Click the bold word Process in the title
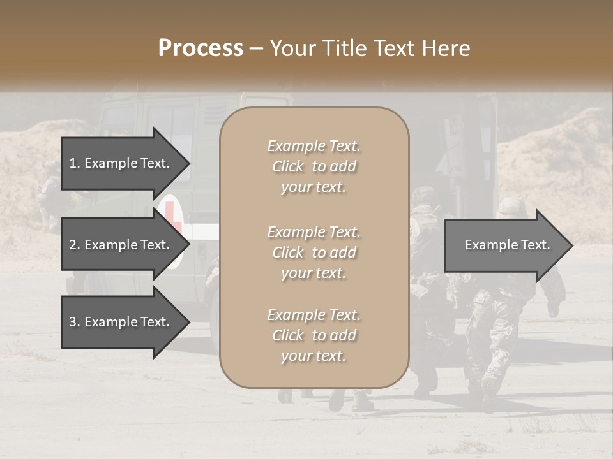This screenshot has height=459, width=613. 201,48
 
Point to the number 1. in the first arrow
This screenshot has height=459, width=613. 75,163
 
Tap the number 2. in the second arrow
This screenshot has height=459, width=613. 75,245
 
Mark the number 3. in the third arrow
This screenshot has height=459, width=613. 75,322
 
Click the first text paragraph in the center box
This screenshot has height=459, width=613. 314,166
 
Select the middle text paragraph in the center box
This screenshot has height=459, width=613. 314,252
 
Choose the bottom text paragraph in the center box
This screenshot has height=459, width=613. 314,335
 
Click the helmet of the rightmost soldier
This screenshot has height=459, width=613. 509,207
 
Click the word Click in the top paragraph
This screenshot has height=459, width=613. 288,166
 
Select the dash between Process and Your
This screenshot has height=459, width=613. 256,48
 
